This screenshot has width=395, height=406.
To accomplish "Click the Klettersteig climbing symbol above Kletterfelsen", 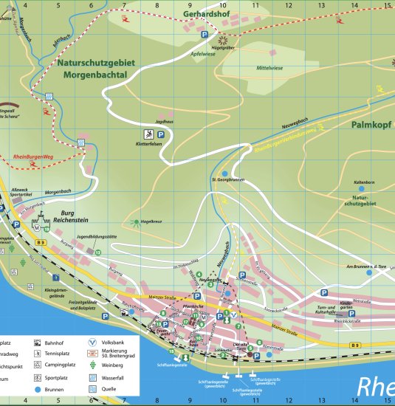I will coord(149,134).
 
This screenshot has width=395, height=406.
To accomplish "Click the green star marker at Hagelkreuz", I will coord(136,221).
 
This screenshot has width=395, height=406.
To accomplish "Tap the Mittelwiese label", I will coord(269,67).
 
